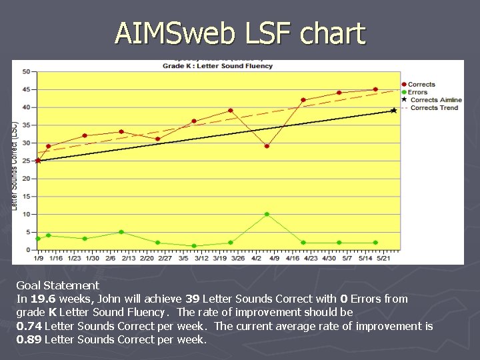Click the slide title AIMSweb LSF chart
(240, 33)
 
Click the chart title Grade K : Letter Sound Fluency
(218, 66)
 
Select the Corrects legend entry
(421, 85)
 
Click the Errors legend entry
(417, 92)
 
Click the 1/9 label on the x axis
(39, 257)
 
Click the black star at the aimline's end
(393, 110)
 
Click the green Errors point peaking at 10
(267, 214)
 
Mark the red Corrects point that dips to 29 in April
(267, 146)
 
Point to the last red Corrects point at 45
(375, 89)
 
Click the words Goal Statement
(57, 285)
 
